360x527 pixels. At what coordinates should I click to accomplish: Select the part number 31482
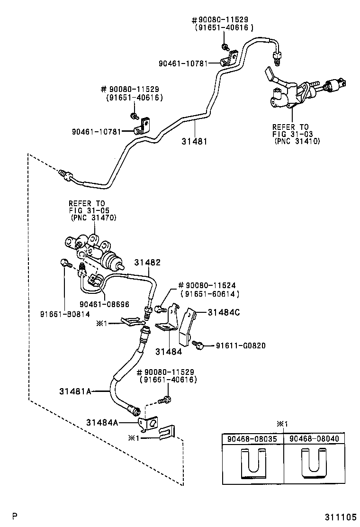[147, 262]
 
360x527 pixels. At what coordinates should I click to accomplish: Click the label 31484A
[102, 422]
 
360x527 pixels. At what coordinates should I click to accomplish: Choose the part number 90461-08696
[105, 304]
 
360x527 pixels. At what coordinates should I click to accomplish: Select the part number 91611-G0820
[241, 346]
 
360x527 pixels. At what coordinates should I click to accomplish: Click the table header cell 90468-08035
[253, 439]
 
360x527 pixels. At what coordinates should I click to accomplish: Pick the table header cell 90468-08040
[314, 439]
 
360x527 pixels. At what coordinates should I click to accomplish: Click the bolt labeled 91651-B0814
[65, 263]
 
